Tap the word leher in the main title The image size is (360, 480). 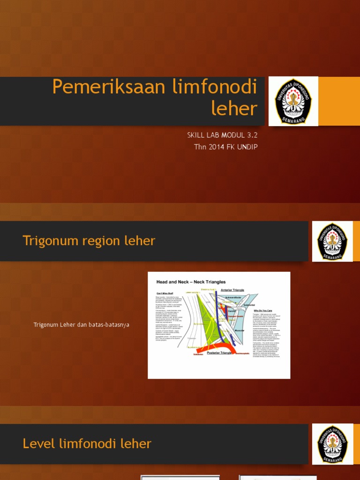point(234,109)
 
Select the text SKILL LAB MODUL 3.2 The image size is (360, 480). point(222,135)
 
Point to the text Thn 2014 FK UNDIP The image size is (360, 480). point(226,147)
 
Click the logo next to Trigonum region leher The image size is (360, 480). point(332,241)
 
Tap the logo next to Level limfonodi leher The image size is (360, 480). point(332,444)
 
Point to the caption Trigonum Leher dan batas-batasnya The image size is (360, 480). point(81,324)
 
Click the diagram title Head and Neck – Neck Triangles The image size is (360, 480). point(191,282)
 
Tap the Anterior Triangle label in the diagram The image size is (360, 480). point(232,290)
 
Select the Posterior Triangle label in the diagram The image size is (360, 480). point(219,352)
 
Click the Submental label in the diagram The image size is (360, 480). point(249,304)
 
